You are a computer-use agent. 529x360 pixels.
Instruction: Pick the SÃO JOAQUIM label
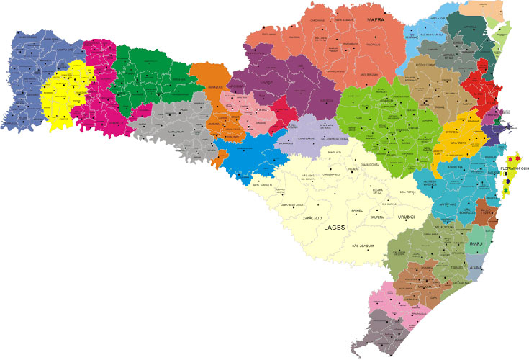pyautogui.click(x=363, y=246)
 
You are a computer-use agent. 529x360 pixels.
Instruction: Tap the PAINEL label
pyautogui.click(x=357, y=210)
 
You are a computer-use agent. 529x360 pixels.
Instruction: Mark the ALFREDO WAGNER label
pyautogui.click(x=430, y=183)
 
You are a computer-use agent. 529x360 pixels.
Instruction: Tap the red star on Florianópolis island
pyautogui.click(x=517, y=158)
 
